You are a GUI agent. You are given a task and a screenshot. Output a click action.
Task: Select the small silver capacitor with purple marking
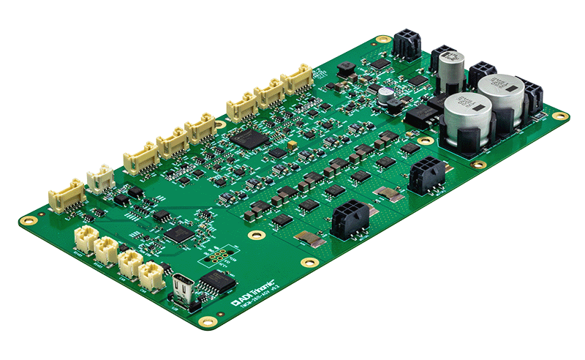pyautogui.click(x=385, y=96)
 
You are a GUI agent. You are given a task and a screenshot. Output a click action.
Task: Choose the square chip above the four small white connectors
pyautogui.click(x=178, y=234)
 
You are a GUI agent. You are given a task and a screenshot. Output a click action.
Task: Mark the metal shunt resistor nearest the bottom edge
pyautogui.click(x=310, y=239)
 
